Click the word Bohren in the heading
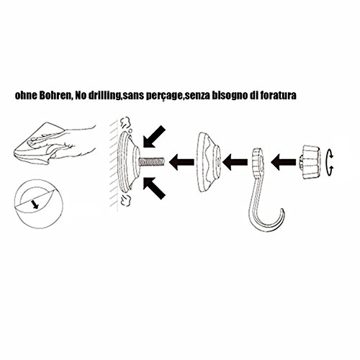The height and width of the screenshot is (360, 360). pos(52,95)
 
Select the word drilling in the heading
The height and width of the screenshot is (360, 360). pos(105,96)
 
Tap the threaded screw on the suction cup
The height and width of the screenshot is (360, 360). pos(152,161)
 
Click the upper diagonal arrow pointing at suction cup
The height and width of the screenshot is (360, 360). pos(154,137)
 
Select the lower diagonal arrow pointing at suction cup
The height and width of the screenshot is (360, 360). pos(154,188)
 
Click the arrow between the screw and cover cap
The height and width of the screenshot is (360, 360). pos(181,162)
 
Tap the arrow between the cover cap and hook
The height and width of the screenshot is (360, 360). pos(235,162)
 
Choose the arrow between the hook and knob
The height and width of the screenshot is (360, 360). pos(284,162)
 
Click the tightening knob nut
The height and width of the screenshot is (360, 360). pos(310,162)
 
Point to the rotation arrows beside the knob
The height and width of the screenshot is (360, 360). pos(330,161)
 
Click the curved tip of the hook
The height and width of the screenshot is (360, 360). pos(283,211)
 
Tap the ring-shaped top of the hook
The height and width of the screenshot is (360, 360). pos(256,160)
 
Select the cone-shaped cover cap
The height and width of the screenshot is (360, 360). pos(208,162)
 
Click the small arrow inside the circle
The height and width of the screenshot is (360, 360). pos(35,204)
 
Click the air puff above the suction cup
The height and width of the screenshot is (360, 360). pos(126,122)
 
